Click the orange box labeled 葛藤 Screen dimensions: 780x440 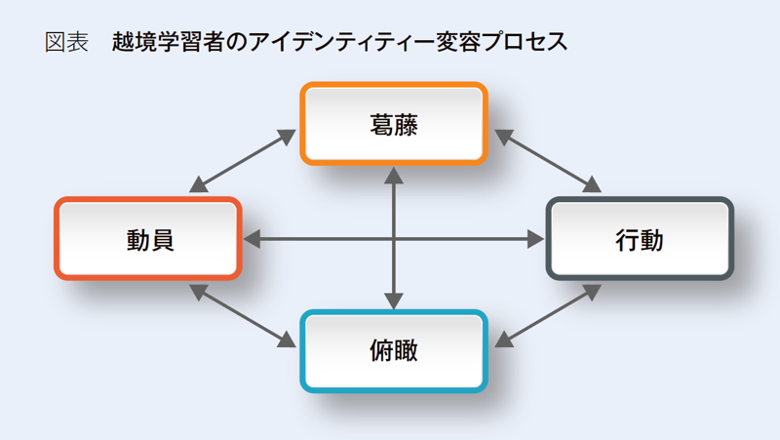(394, 124)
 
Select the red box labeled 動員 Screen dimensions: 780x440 (148, 238)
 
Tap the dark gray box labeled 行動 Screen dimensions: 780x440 (640, 238)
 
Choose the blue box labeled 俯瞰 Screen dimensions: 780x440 (394, 351)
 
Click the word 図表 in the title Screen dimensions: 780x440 (66, 42)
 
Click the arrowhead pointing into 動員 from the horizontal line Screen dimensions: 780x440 (252, 239)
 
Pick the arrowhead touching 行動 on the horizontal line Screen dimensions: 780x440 (535, 239)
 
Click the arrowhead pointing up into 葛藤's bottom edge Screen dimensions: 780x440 (394, 176)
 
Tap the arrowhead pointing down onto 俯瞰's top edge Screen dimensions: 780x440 (394, 300)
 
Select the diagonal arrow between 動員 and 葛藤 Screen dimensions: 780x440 (243, 161)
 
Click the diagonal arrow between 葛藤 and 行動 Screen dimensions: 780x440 (548, 161)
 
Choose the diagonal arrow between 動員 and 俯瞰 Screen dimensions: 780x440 (243, 315)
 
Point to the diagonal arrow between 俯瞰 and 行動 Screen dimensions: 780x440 (548, 315)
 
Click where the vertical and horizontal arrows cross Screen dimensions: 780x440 (394, 239)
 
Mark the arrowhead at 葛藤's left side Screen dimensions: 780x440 (287, 136)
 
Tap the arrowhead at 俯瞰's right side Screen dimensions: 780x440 (504, 340)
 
